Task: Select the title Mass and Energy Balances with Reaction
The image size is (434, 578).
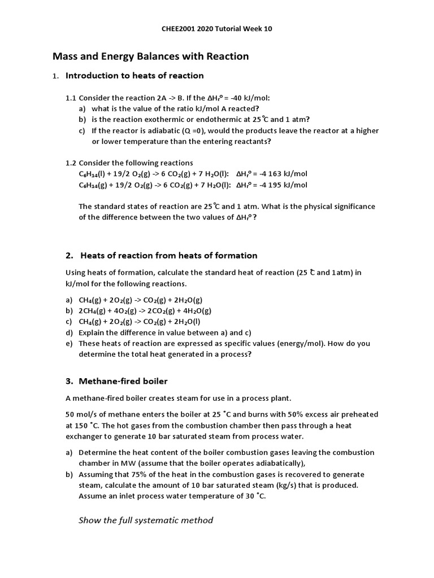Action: [x=150, y=56]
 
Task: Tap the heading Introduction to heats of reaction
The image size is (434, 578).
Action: [x=134, y=76]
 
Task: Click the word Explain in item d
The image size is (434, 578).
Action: [x=92, y=332]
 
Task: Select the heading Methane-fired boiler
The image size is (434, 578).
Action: [x=123, y=381]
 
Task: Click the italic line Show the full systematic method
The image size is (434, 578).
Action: [x=146, y=520]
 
